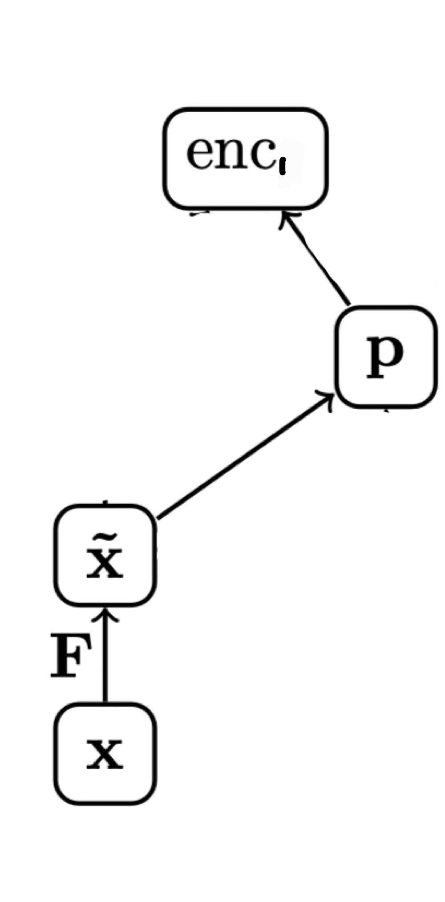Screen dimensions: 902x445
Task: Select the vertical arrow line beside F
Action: pos(105,659)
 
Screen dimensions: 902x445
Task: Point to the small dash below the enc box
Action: pos(199,213)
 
